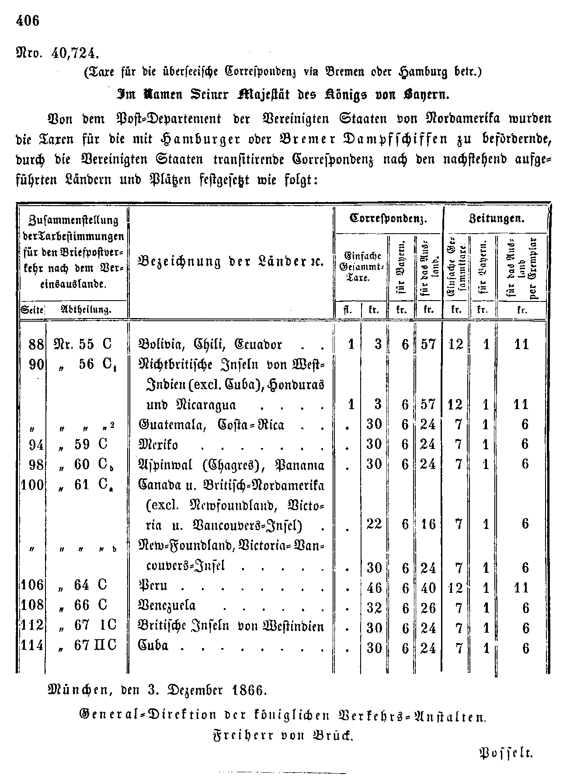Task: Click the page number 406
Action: (x=28, y=21)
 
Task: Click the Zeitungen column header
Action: (x=496, y=218)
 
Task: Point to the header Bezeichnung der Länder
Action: (x=230, y=262)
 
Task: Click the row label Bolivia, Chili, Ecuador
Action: (x=210, y=344)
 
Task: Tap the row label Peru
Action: (x=153, y=585)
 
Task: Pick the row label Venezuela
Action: (x=167, y=606)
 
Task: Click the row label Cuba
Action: (x=153, y=646)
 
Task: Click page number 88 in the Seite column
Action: (x=36, y=344)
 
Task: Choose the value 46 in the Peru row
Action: (x=374, y=588)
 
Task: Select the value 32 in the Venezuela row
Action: (x=374, y=608)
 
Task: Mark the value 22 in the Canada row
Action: (x=374, y=524)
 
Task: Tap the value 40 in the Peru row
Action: (x=428, y=588)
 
